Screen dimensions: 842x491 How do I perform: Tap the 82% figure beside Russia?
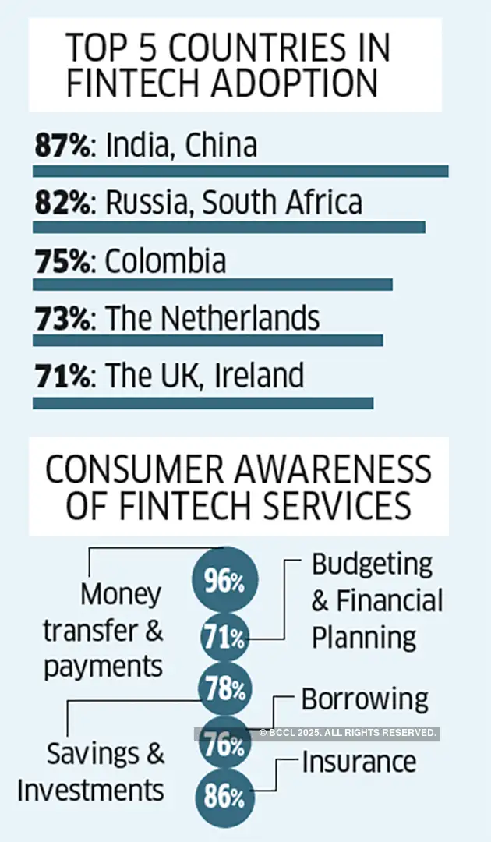[62, 203]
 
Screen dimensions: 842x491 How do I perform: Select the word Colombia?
[165, 260]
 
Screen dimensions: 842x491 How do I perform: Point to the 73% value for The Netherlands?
[62, 318]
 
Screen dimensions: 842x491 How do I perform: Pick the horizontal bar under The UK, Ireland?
[203, 403]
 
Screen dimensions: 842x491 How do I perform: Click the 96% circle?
[224, 579]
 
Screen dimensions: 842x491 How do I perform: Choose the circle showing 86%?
[224, 797]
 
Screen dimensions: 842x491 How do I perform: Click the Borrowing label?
[365, 699]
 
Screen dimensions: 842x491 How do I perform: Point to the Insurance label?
[359, 761]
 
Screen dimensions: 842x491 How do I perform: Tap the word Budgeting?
[372, 564]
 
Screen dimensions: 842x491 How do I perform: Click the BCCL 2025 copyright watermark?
[348, 733]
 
